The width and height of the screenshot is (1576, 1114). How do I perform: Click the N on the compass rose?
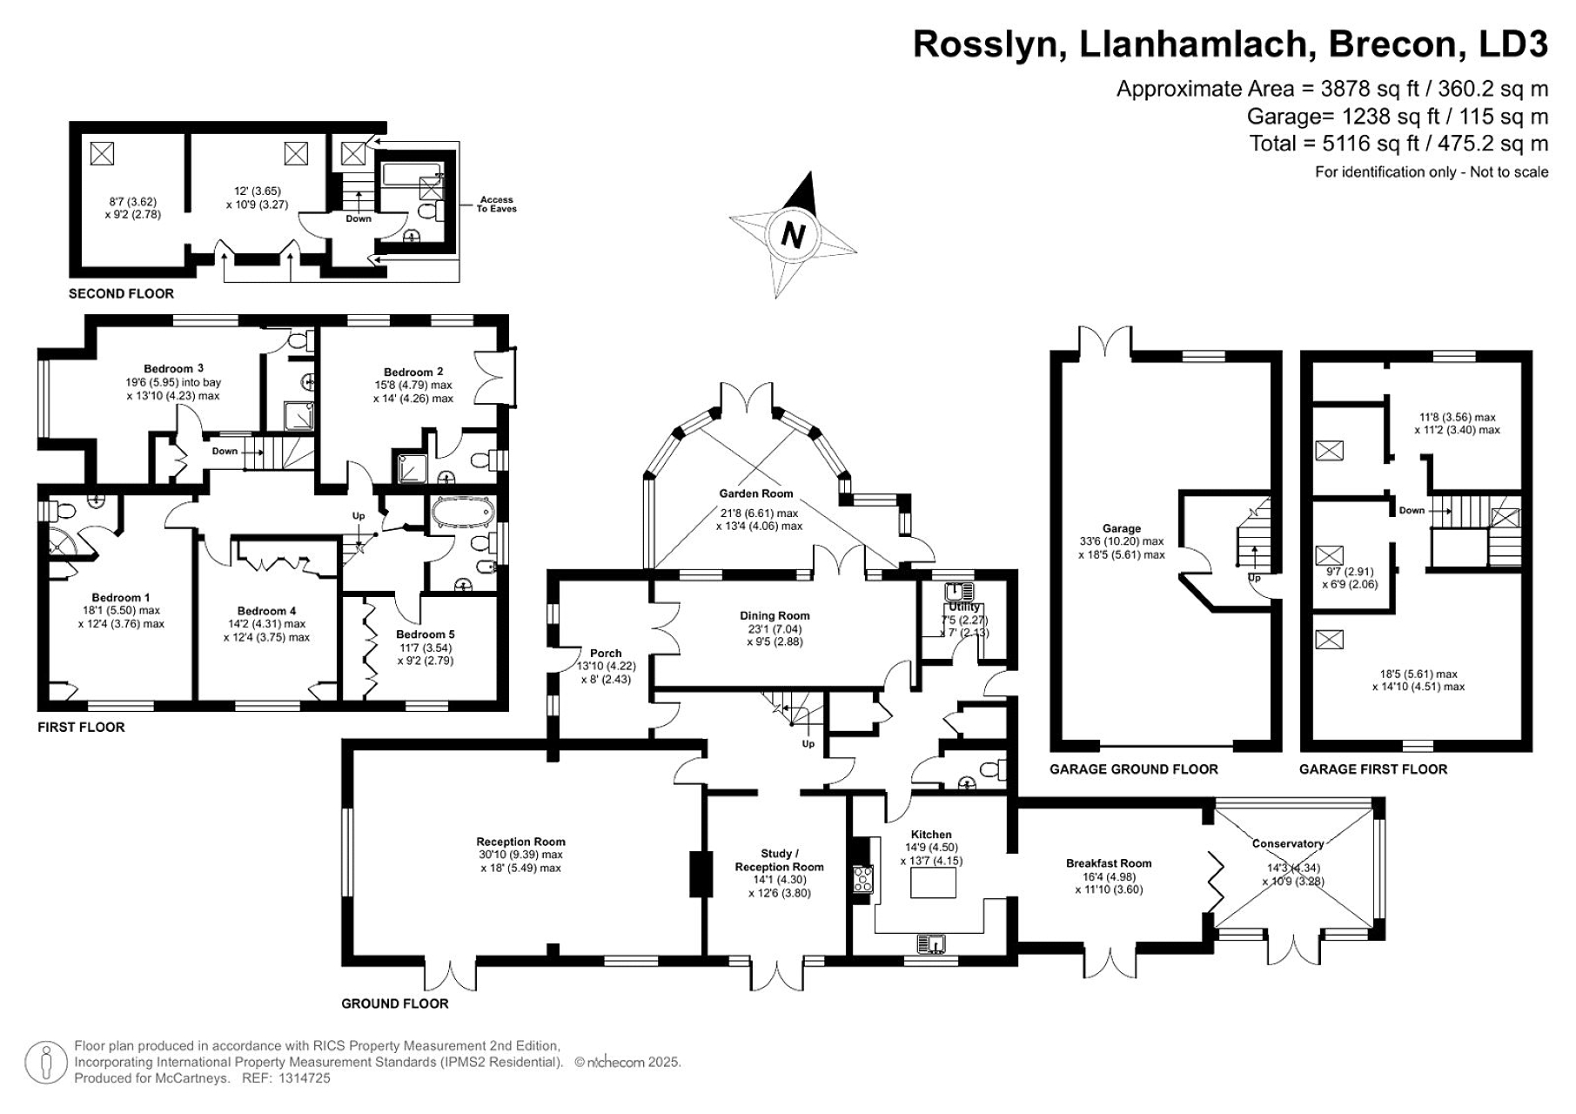coord(792,235)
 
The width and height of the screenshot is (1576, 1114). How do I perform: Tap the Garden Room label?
coord(755,493)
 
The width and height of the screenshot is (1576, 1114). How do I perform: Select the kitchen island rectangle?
coord(933,882)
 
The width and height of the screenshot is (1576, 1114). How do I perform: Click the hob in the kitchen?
coord(863,878)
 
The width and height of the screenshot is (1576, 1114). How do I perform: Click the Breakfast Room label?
coord(1108,863)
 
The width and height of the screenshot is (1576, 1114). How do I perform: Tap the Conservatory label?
coord(1287,843)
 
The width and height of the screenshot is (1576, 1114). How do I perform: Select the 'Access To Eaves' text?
coord(496,205)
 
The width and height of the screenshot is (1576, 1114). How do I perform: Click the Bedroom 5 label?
coord(425,634)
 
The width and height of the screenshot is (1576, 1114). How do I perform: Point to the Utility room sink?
coord(959,589)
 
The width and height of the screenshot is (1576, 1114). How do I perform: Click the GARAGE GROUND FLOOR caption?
coord(1133,769)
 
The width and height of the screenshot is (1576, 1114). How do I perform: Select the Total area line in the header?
coord(1398,144)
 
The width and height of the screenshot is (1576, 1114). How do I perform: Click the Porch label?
coord(606,653)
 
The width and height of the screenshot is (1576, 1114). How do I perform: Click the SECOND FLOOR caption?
coord(121,294)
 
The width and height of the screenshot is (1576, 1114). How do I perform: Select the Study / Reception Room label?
coord(779,860)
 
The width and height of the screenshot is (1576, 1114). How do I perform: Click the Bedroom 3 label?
coord(173,368)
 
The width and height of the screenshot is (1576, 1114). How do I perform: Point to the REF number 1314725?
coord(305,1078)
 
